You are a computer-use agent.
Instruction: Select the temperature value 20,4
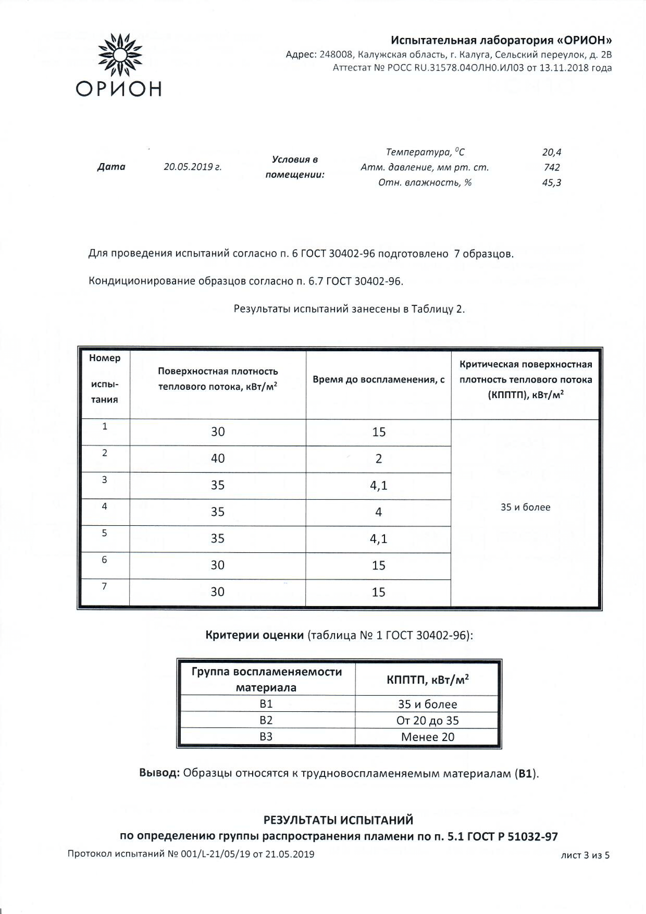coord(551,152)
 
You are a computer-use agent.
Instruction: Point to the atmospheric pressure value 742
coord(552,167)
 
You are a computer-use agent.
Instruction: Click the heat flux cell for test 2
coord(218,458)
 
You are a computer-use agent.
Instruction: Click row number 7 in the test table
coord(104,586)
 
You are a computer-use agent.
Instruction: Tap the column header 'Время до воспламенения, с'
coord(378,379)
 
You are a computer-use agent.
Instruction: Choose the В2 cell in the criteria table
coord(266,720)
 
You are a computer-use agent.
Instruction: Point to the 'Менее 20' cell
coord(427,737)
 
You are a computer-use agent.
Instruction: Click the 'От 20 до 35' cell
coord(427,720)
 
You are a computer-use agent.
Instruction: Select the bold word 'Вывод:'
coord(160,773)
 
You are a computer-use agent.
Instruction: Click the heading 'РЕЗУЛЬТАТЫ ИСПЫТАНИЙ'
coord(338,820)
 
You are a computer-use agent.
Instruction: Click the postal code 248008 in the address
coord(335,54)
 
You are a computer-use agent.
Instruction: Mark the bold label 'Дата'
coord(111,167)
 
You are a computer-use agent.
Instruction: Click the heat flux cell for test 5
coord(218,538)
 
